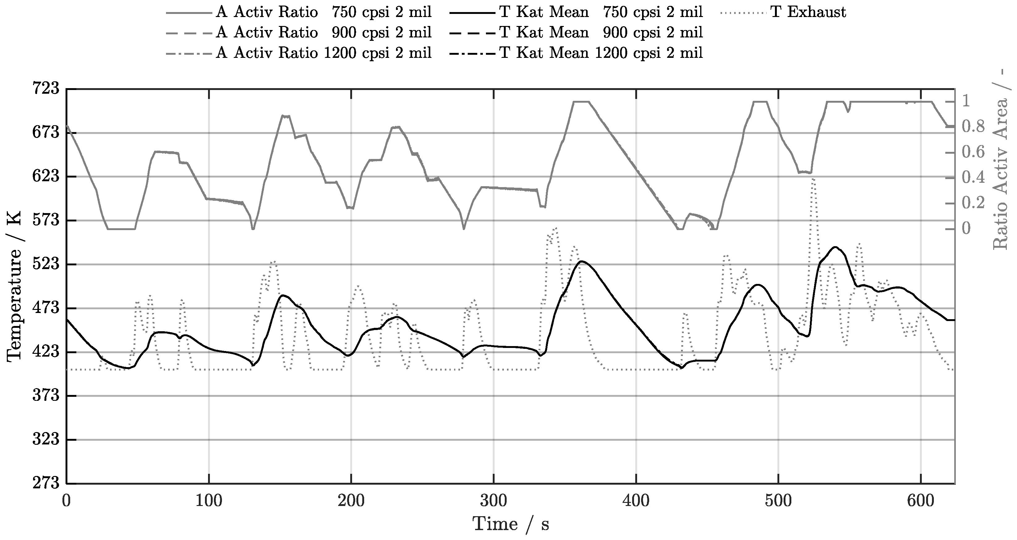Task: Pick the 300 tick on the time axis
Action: (x=493, y=501)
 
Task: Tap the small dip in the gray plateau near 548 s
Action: (x=848, y=111)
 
